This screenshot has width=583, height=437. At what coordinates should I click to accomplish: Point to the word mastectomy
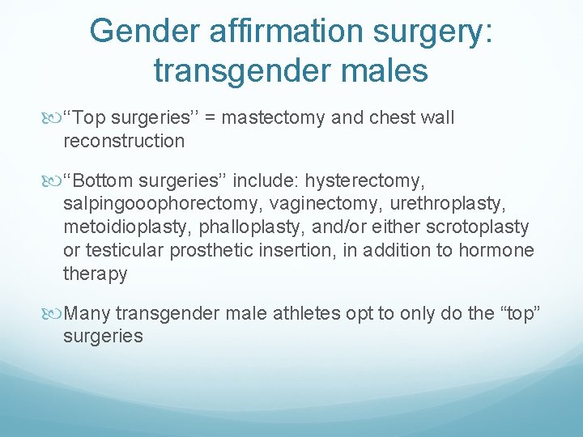(x=274, y=118)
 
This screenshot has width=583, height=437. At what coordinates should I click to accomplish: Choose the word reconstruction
(x=124, y=141)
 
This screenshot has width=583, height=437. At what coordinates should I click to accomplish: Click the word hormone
(x=496, y=251)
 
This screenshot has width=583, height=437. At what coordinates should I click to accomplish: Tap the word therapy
(x=95, y=274)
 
